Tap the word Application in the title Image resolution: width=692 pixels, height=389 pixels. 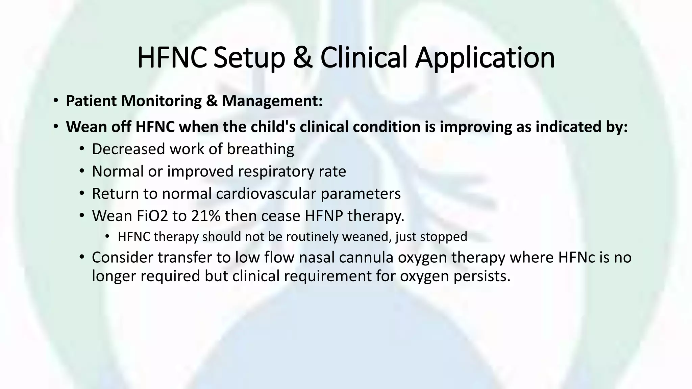tap(485, 57)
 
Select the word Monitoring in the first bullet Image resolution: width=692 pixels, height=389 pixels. tap(163, 101)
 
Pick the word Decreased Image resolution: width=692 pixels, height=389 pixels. tap(128, 149)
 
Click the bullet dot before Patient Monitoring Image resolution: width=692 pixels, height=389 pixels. tap(56, 101)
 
